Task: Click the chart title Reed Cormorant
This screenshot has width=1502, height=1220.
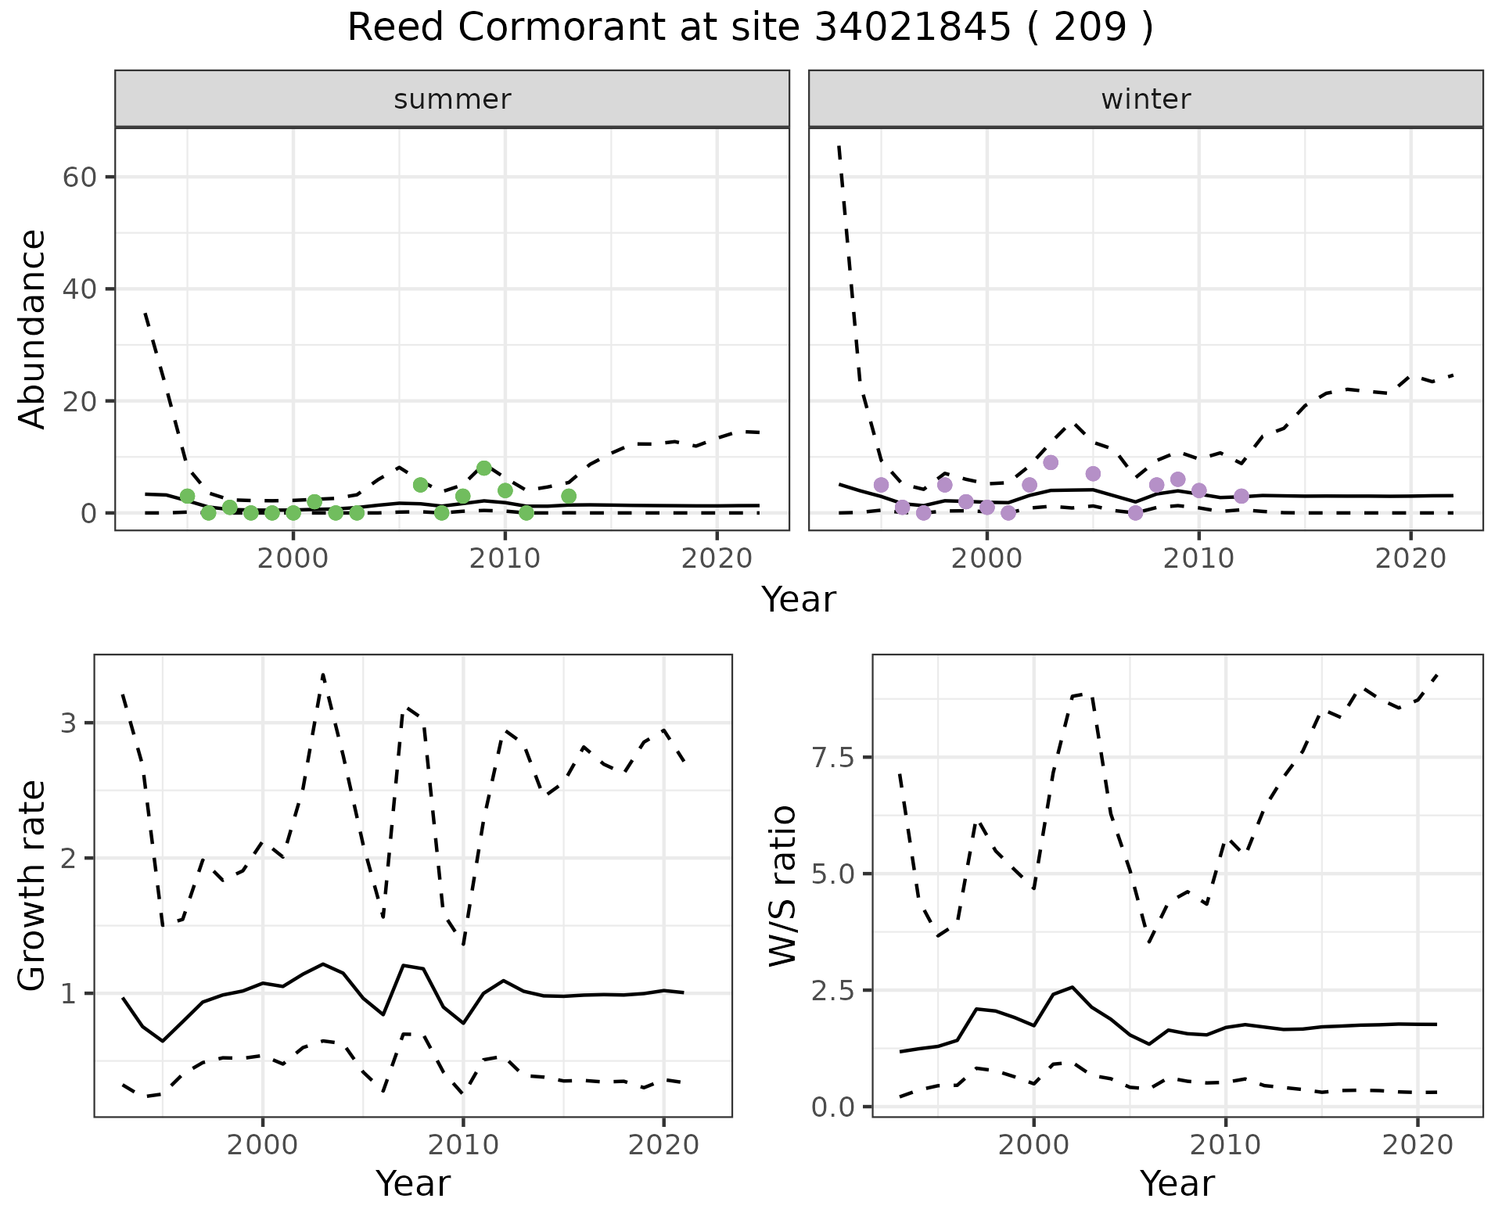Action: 749,29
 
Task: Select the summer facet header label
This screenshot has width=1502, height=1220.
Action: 452,99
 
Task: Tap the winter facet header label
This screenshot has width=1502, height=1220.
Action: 1145,99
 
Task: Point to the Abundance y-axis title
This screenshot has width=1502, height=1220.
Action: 33,329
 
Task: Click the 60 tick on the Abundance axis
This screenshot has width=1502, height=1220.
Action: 78,178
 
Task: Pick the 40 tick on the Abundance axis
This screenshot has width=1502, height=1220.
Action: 78,289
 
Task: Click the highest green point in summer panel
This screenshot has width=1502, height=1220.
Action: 483,468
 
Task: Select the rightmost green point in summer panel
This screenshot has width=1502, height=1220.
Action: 569,496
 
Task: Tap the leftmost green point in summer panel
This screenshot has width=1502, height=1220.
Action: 187,496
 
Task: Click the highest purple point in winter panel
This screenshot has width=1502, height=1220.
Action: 1051,462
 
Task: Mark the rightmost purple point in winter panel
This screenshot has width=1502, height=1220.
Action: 1241,496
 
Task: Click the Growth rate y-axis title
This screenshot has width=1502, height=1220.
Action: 33,885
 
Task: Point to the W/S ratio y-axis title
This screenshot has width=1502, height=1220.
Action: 782,885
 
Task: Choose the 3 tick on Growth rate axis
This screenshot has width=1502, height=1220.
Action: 69,723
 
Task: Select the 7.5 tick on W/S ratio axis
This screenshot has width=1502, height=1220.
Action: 834,757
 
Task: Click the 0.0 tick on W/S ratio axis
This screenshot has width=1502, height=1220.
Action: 834,1107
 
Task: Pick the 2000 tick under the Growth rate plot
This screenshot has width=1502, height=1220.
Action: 262,1146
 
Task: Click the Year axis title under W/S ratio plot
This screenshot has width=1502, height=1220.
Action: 1177,1183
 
